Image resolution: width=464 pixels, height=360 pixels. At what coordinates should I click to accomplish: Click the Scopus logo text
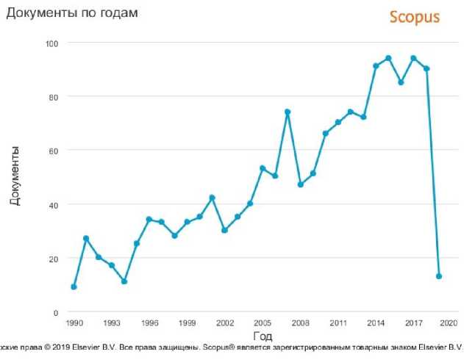[x=415, y=17]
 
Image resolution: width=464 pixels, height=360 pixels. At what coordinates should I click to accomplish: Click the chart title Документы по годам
[x=72, y=12]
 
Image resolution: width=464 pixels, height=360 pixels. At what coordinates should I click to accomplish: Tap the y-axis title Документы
[x=15, y=176]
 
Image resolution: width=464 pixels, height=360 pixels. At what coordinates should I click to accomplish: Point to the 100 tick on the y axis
[x=53, y=43]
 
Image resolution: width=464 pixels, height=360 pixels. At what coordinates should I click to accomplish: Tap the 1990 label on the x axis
[x=74, y=323]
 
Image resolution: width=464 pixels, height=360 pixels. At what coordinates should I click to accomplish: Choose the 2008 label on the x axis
[x=300, y=323]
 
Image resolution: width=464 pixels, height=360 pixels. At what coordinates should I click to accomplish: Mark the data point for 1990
[x=74, y=287]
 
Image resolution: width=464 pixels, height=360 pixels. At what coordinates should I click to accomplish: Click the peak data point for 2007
[x=288, y=112]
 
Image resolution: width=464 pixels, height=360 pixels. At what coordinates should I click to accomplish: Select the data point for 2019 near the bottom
[x=439, y=276]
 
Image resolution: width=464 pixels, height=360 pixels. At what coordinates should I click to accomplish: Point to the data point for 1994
[x=124, y=281]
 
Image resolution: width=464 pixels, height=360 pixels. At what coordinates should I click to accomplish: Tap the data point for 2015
[x=388, y=58]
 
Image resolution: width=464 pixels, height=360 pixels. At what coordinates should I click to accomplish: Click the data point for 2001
[x=212, y=198]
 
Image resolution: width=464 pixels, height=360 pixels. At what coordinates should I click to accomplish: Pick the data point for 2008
[x=300, y=184]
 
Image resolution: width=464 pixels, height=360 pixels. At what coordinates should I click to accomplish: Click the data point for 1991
[x=86, y=238]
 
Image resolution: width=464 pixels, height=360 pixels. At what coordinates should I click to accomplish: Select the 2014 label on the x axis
[x=376, y=323]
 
